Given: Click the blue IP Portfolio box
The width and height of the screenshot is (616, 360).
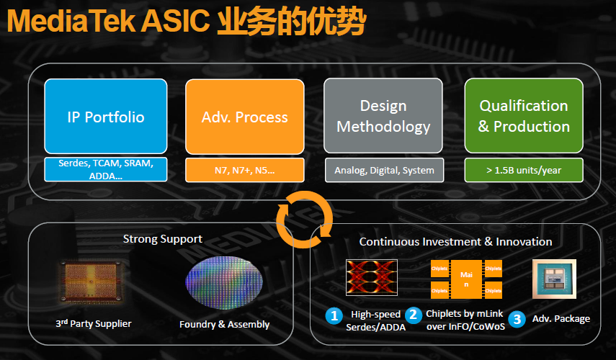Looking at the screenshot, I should coord(106,117).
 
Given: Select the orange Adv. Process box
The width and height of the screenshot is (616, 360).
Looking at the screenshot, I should coord(245,117).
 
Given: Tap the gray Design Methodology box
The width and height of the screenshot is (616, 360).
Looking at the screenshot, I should coord(383,117).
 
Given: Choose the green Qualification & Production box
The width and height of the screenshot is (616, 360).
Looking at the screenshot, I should coord(524,117).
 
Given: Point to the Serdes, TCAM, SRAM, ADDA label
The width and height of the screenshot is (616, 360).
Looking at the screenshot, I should coord(106,170).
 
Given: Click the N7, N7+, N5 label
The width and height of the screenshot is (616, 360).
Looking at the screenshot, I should coord(245,170).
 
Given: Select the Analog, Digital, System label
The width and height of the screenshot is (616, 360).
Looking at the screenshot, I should coord(384,170).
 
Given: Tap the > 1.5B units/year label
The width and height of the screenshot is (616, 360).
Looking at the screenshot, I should coord(524,170).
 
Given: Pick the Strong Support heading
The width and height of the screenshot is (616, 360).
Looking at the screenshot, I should coord(163,238).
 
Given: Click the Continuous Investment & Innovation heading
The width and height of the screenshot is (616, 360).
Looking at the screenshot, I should coord(455,242).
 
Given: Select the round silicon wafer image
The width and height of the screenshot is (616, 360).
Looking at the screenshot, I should coord(224,283).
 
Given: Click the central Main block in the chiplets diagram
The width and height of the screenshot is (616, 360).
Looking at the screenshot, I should coord(465,279).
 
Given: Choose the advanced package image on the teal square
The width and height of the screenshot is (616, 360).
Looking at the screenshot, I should coord(553,279).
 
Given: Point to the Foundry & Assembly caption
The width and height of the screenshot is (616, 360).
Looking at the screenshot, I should coord(224,324).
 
